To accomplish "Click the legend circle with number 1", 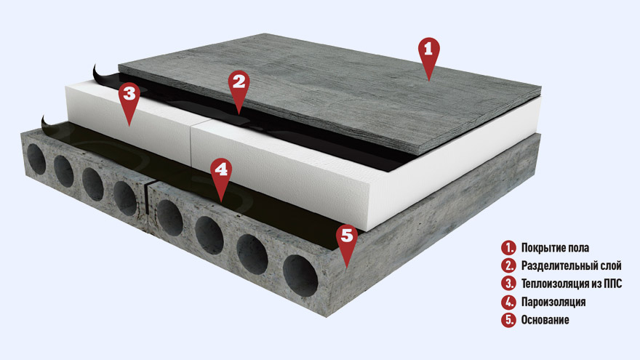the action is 508,247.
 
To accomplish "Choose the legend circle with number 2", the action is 508,265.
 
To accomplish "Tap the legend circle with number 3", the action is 508,283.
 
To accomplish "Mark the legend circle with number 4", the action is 508,302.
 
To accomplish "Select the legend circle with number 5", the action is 508,319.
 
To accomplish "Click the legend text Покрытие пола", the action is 555,248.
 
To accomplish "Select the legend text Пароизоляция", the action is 553,302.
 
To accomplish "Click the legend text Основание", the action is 545,319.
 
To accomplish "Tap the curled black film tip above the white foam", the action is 96,73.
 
